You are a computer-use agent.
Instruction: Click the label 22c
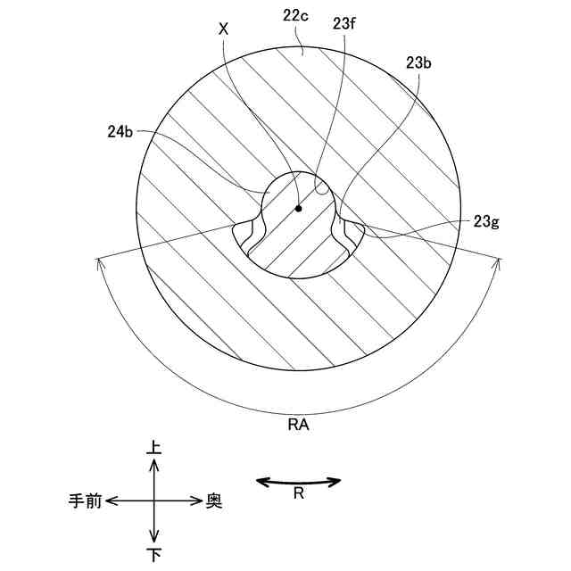coord(295,17)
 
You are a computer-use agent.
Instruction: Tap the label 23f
coord(344,24)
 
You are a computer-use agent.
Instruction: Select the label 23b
coord(418,63)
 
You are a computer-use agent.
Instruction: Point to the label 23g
coord(486,221)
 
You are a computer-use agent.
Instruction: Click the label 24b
coord(120,131)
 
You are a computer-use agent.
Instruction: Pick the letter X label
coord(224,29)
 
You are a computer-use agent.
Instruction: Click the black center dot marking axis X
coord(299,209)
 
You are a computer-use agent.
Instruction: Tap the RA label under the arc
coord(298,425)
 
